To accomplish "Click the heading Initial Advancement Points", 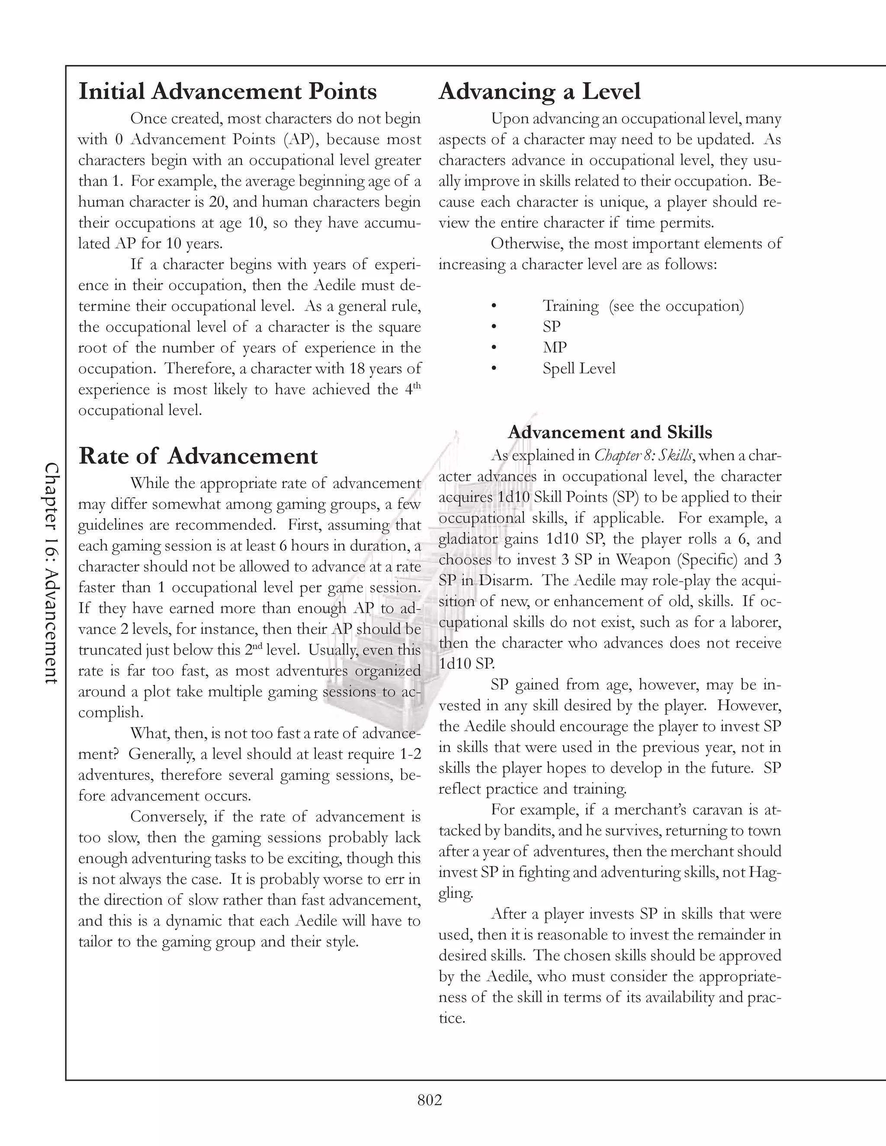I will (227, 91).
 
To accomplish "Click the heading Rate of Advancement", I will (198, 455).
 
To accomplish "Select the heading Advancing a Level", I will (539, 91).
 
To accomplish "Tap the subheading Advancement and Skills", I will (610, 432).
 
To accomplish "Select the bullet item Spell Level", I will (578, 368).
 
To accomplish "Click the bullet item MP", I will (554, 347).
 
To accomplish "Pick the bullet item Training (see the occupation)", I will (642, 306).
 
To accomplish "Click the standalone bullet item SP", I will (552, 327).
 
